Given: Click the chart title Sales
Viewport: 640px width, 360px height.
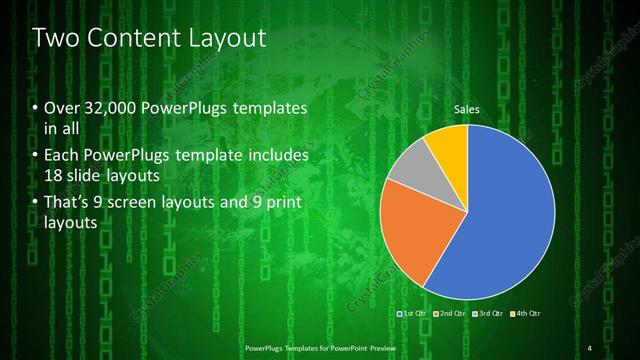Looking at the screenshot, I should click(x=467, y=109).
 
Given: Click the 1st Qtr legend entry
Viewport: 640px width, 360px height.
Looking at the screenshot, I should click(x=416, y=314).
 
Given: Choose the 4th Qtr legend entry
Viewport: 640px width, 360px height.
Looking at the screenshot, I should click(x=526, y=314).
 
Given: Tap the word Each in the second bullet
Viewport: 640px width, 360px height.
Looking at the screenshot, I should click(x=61, y=157).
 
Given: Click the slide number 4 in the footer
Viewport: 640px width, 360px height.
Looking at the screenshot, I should click(x=590, y=347).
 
